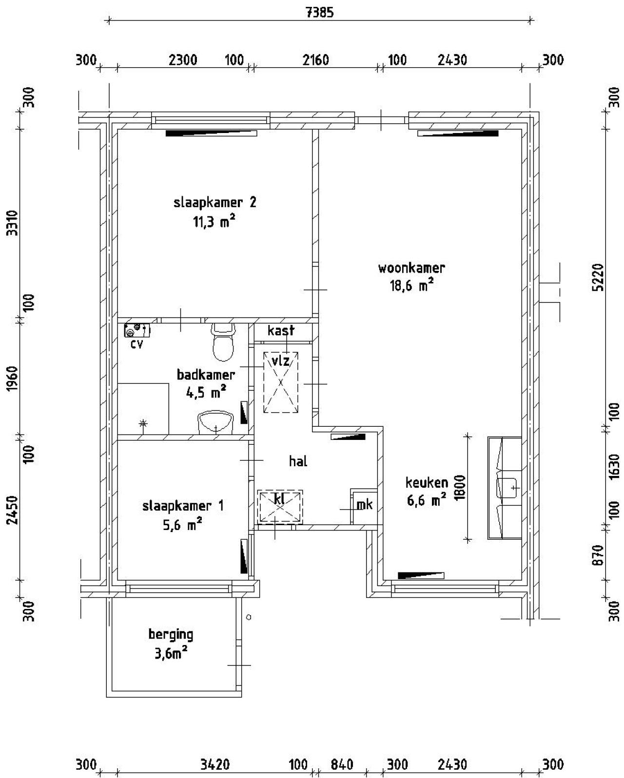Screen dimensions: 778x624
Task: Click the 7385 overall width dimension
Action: pyautogui.click(x=320, y=13)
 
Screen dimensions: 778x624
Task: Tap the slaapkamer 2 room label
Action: pyautogui.click(x=214, y=203)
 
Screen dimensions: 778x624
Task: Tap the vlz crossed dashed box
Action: pyautogui.click(x=281, y=382)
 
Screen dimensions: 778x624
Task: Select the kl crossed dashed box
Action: pyautogui.click(x=280, y=507)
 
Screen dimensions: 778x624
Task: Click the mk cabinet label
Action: pyautogui.click(x=364, y=505)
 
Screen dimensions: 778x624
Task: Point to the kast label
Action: pyautogui.click(x=281, y=331)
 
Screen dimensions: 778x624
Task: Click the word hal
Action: pyautogui.click(x=298, y=461)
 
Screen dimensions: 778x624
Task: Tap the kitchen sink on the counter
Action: pyautogui.click(x=507, y=487)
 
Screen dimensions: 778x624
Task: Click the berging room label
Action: pyautogui.click(x=171, y=635)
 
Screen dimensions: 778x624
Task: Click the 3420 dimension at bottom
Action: pyautogui.click(x=215, y=764)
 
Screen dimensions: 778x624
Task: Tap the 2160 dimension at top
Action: pyautogui.click(x=316, y=60)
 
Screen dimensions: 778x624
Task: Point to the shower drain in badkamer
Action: pyautogui.click(x=143, y=423)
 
